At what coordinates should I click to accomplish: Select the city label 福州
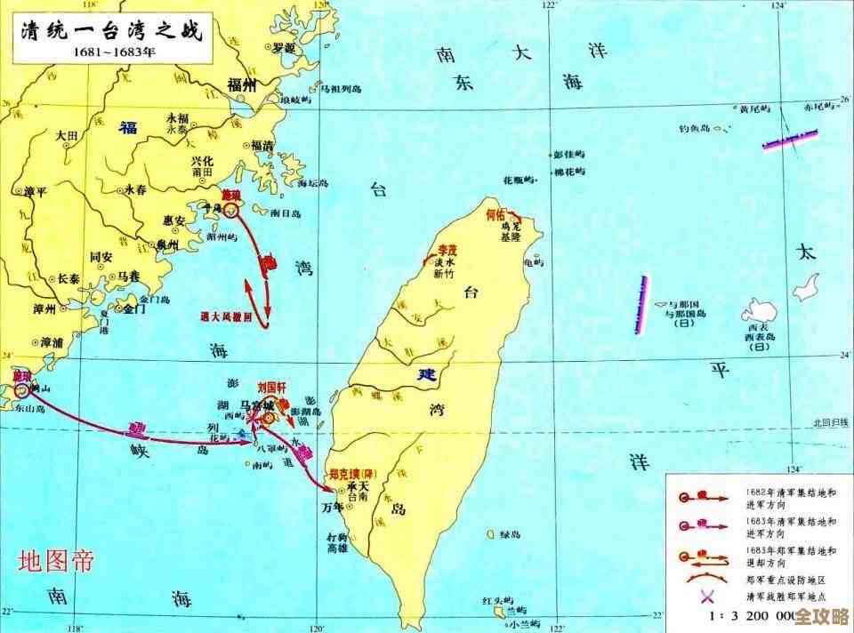coord(242,84)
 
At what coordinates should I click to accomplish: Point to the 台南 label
coord(358,497)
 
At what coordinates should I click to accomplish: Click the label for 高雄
coord(336,549)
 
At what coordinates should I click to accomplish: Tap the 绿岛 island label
coord(509,534)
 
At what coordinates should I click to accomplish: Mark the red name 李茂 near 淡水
coord(446,251)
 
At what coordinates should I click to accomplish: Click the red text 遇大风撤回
coord(226,316)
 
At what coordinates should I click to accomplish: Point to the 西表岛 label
coord(759,337)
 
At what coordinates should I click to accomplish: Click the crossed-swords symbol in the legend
coord(685,597)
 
